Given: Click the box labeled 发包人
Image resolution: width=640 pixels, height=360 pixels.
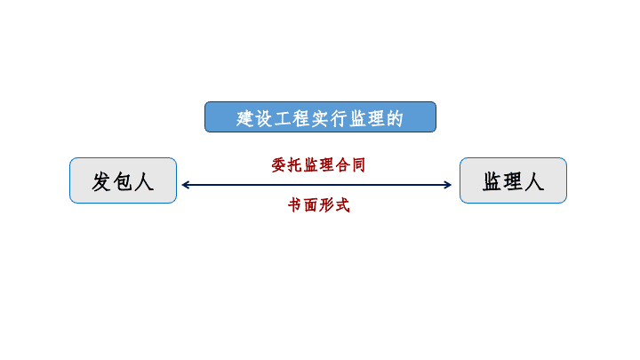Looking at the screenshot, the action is [123, 180].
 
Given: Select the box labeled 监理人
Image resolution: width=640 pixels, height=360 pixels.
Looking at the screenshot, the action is [513, 180].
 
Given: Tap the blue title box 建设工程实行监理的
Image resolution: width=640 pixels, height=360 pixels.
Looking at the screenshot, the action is [320, 117].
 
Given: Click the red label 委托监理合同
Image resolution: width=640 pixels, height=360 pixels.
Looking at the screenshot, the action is [318, 165].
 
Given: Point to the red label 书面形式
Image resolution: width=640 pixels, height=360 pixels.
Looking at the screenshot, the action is [319, 205].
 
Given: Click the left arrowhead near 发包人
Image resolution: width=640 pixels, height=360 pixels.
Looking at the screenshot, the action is [185, 185].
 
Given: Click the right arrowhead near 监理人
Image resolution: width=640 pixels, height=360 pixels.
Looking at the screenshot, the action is [448, 185].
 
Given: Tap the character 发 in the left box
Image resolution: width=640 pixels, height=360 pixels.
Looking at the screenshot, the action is [101, 181].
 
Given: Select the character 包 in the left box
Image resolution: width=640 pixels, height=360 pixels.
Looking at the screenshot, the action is [123, 181].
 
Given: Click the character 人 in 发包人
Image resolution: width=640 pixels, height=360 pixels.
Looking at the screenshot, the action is [144, 181].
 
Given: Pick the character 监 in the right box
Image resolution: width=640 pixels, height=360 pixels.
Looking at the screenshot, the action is [492, 181].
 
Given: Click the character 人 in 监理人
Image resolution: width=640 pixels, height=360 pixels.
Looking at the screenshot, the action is [534, 181].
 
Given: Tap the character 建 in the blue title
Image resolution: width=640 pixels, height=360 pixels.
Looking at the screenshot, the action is [245, 119].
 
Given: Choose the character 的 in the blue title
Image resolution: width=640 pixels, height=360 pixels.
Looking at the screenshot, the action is [395, 119].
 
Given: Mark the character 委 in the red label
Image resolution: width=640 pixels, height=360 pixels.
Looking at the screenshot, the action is [279, 165].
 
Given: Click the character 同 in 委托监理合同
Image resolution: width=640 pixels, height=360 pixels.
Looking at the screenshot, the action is [358, 165].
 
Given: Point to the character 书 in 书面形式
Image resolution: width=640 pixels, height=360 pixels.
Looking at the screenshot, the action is [295, 205].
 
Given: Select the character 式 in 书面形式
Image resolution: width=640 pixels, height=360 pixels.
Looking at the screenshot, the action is [343, 205].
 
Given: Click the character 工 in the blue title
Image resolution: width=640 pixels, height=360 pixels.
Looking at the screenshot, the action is [283, 119].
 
